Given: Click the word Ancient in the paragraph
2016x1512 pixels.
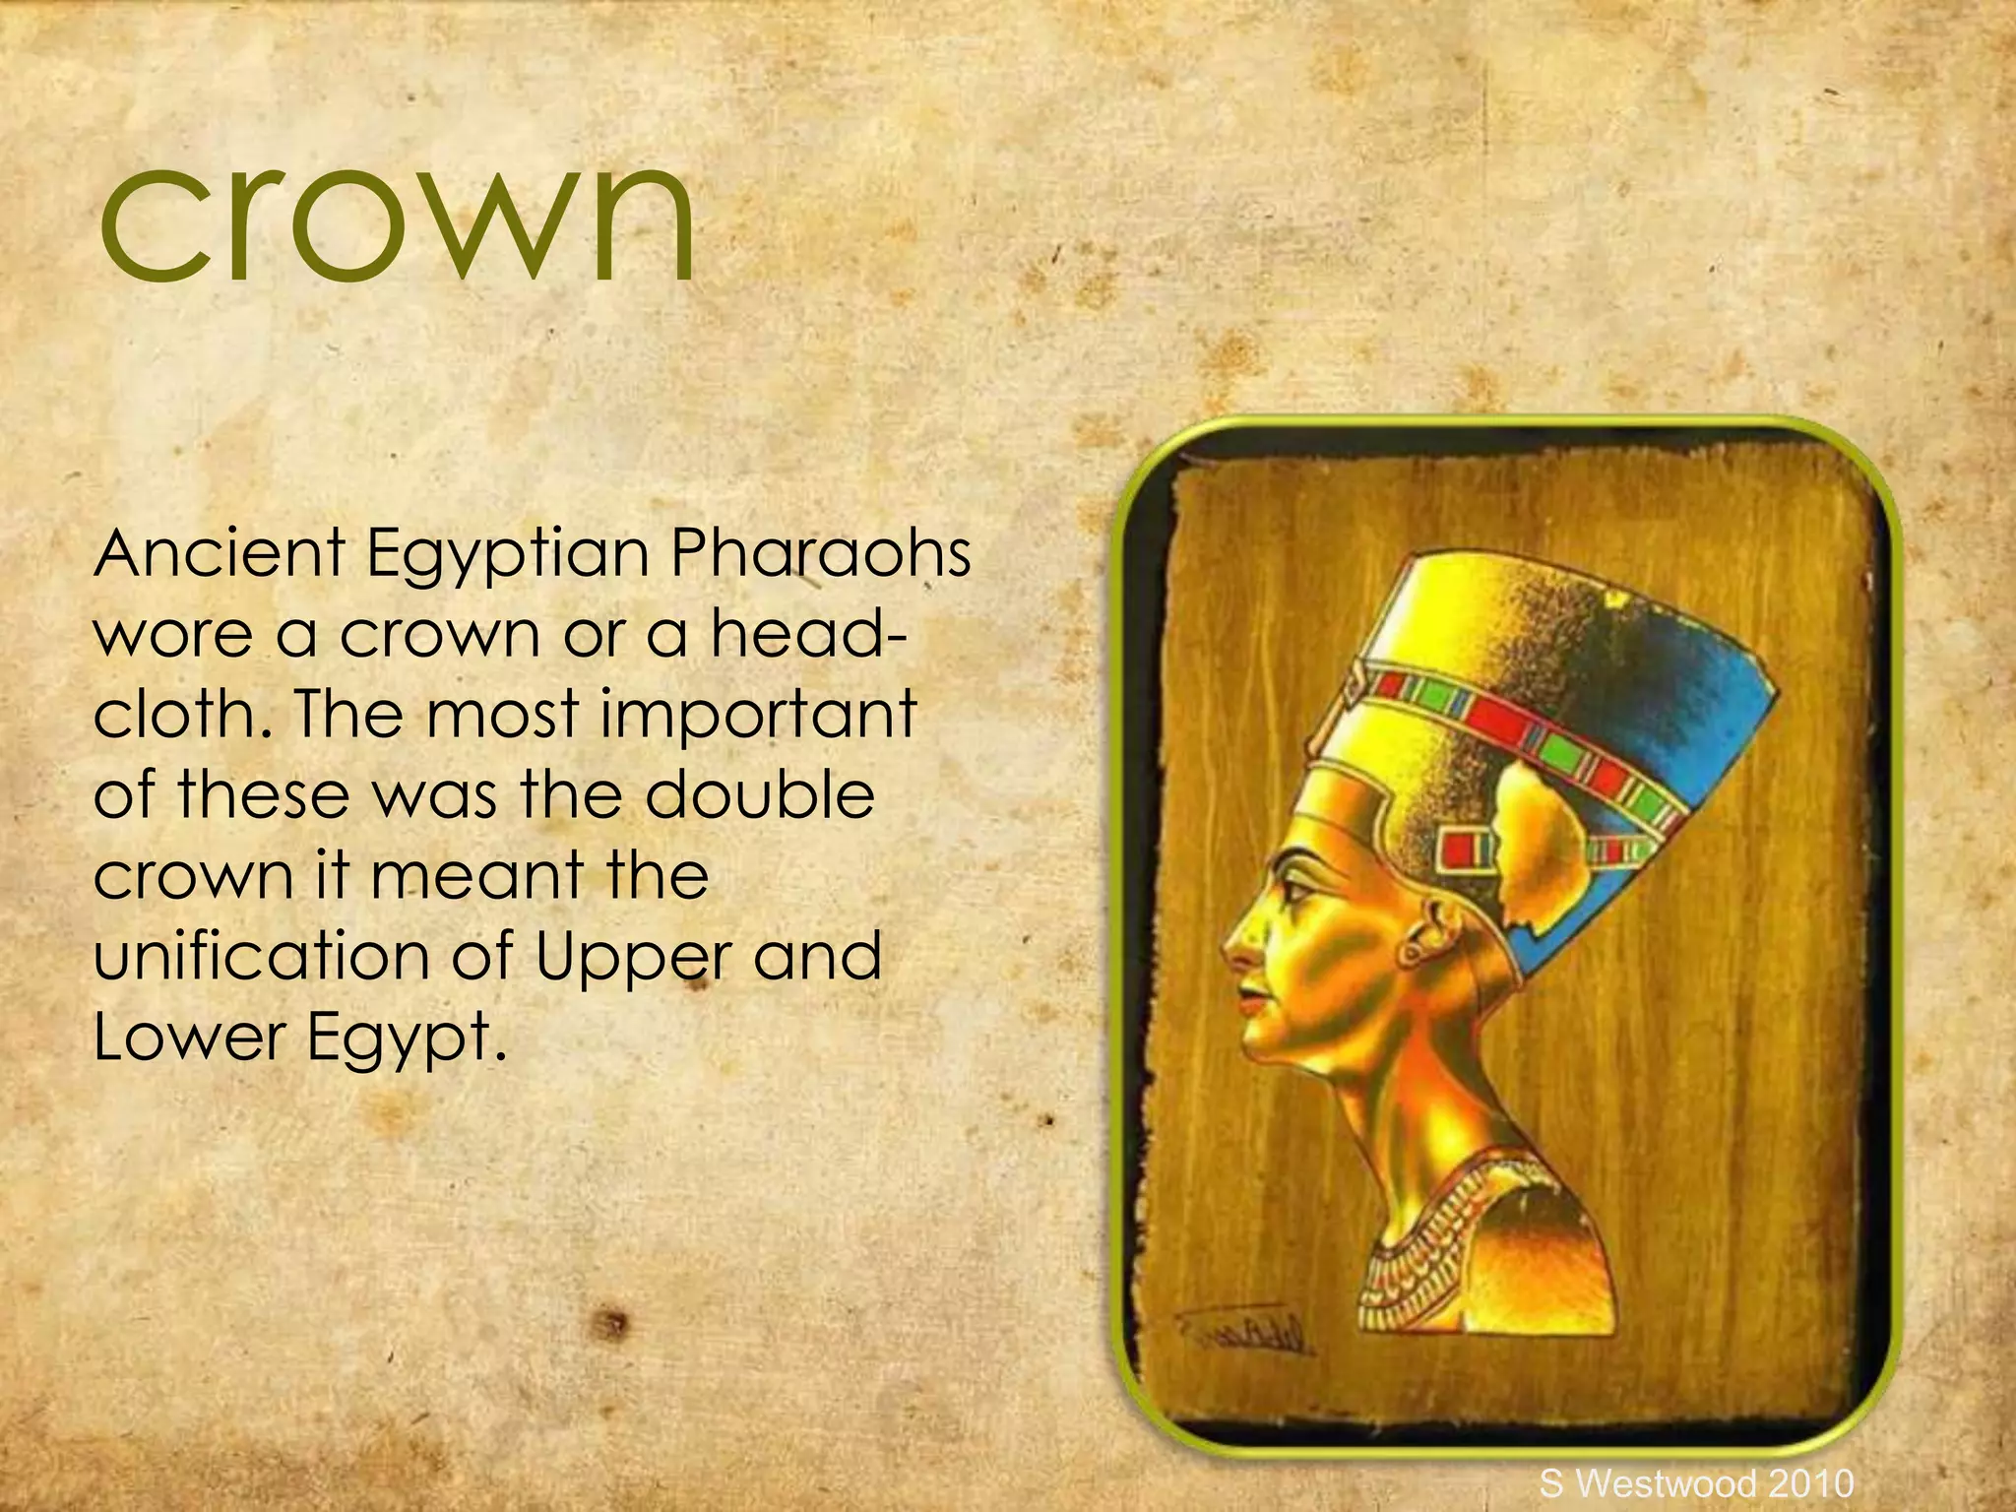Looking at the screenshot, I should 219,553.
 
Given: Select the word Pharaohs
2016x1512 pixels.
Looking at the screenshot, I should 819,553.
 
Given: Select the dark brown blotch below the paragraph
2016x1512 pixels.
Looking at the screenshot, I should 611,1324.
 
